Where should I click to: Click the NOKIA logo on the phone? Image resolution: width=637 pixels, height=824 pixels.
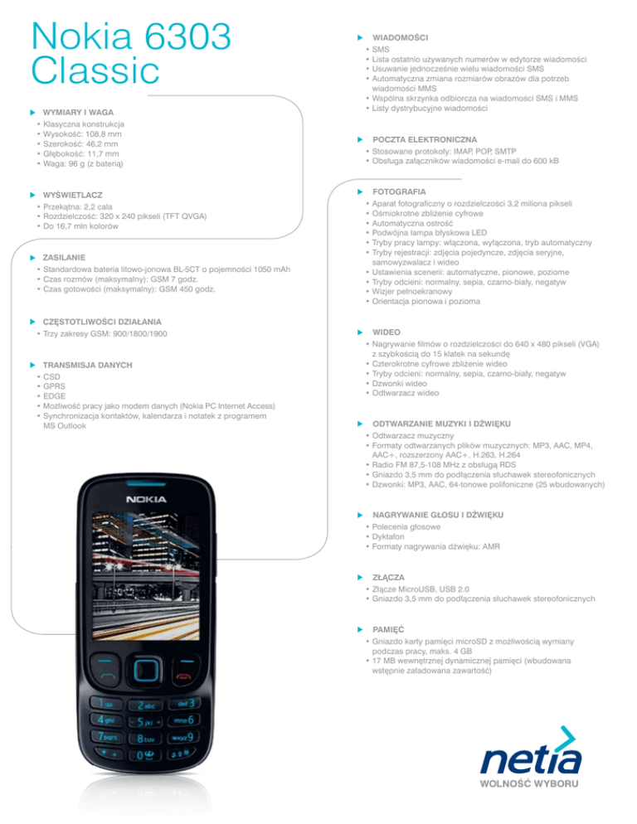[146, 499]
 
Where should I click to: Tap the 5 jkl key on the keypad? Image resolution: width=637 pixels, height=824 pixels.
[146, 722]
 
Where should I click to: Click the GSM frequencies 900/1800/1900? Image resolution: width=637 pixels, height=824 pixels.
[132, 333]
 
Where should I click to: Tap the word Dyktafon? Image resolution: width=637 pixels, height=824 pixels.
[394, 536]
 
